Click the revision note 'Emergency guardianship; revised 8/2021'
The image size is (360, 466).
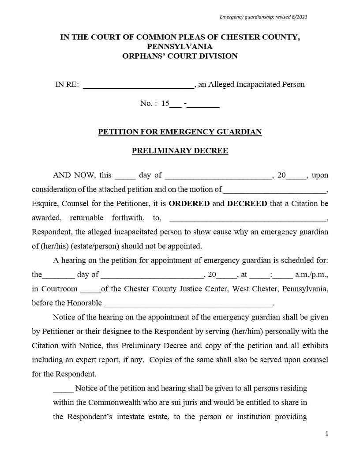(x=263, y=17)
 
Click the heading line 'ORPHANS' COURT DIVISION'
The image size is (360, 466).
(x=180, y=56)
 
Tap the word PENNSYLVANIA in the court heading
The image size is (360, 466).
(x=180, y=46)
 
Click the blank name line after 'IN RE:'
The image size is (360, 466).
(x=138, y=85)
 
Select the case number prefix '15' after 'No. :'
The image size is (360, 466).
(x=165, y=104)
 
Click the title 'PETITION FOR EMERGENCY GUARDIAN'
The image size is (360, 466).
(x=180, y=132)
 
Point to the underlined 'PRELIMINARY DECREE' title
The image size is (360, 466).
(x=180, y=151)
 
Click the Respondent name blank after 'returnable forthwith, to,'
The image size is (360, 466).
(x=247, y=218)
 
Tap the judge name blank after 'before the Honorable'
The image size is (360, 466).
(x=188, y=304)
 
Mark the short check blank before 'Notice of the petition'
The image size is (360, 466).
(x=63, y=389)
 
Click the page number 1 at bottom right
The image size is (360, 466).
(x=326, y=434)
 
